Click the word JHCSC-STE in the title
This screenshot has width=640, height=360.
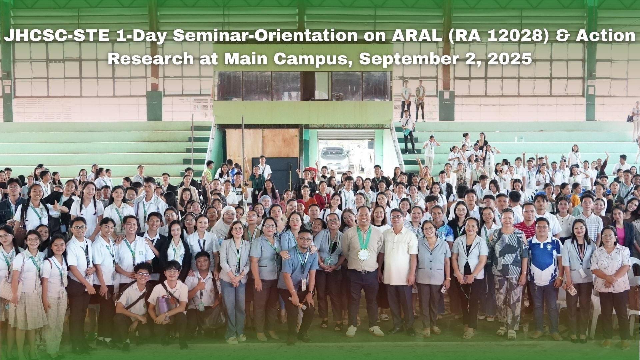point(57,37)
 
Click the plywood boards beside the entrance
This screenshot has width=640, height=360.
point(262,143)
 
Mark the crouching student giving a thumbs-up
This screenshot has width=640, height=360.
point(202,293)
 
